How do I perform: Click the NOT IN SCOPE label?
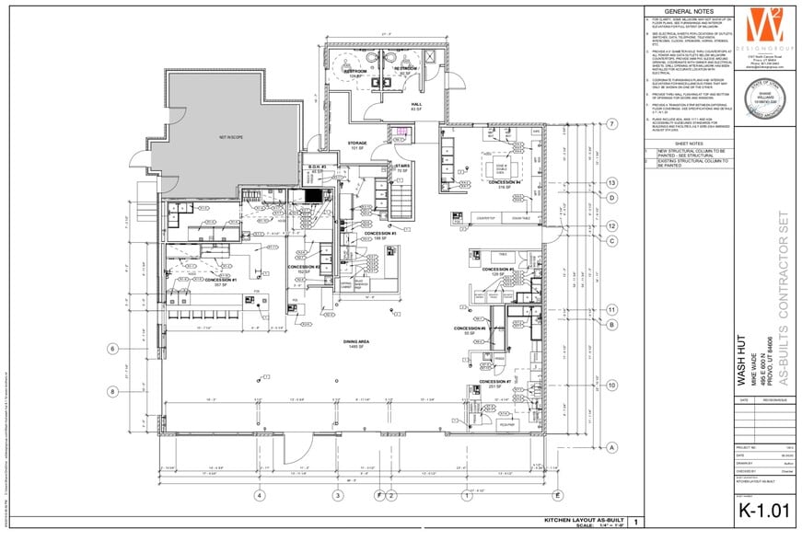click(229, 137)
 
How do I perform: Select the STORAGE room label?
click(357, 144)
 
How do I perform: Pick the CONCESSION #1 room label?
click(223, 281)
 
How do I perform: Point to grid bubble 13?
click(611, 182)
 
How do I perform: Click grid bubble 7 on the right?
click(611, 123)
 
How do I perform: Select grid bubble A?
click(611, 447)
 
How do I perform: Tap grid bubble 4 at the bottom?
click(260, 496)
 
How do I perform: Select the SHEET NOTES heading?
click(690, 144)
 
